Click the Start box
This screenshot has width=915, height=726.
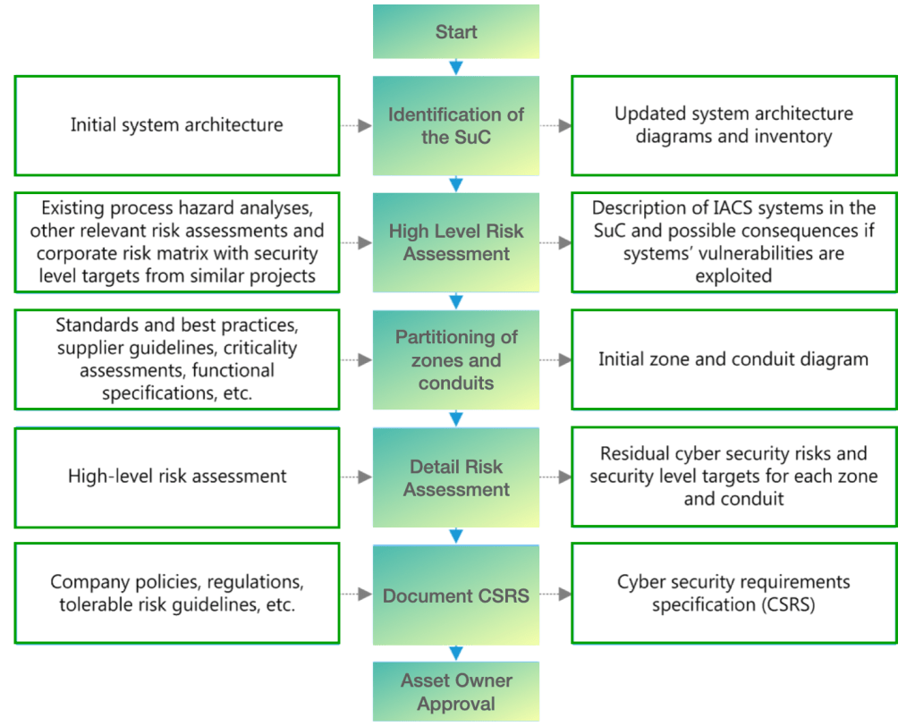point(456,32)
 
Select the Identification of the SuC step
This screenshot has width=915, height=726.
point(456,125)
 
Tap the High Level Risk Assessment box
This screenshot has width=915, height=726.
point(456,242)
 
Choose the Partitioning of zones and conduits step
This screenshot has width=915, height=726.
point(456,359)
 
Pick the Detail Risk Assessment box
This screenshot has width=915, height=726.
point(456,477)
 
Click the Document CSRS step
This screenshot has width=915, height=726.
point(456,595)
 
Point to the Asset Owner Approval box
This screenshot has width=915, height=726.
point(456,691)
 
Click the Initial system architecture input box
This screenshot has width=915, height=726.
point(177,125)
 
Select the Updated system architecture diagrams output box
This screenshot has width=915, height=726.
point(733,125)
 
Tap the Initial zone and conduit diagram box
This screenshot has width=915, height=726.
point(733,359)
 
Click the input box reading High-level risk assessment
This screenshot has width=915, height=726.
point(177,477)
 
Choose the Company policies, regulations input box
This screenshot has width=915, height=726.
point(177,594)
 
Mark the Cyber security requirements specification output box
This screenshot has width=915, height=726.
point(733,594)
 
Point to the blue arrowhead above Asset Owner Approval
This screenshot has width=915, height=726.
point(456,654)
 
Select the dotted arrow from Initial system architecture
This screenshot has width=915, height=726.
point(356,126)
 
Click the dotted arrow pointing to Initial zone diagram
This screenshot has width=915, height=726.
point(555,360)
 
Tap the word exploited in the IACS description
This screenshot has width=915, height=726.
point(733,276)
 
